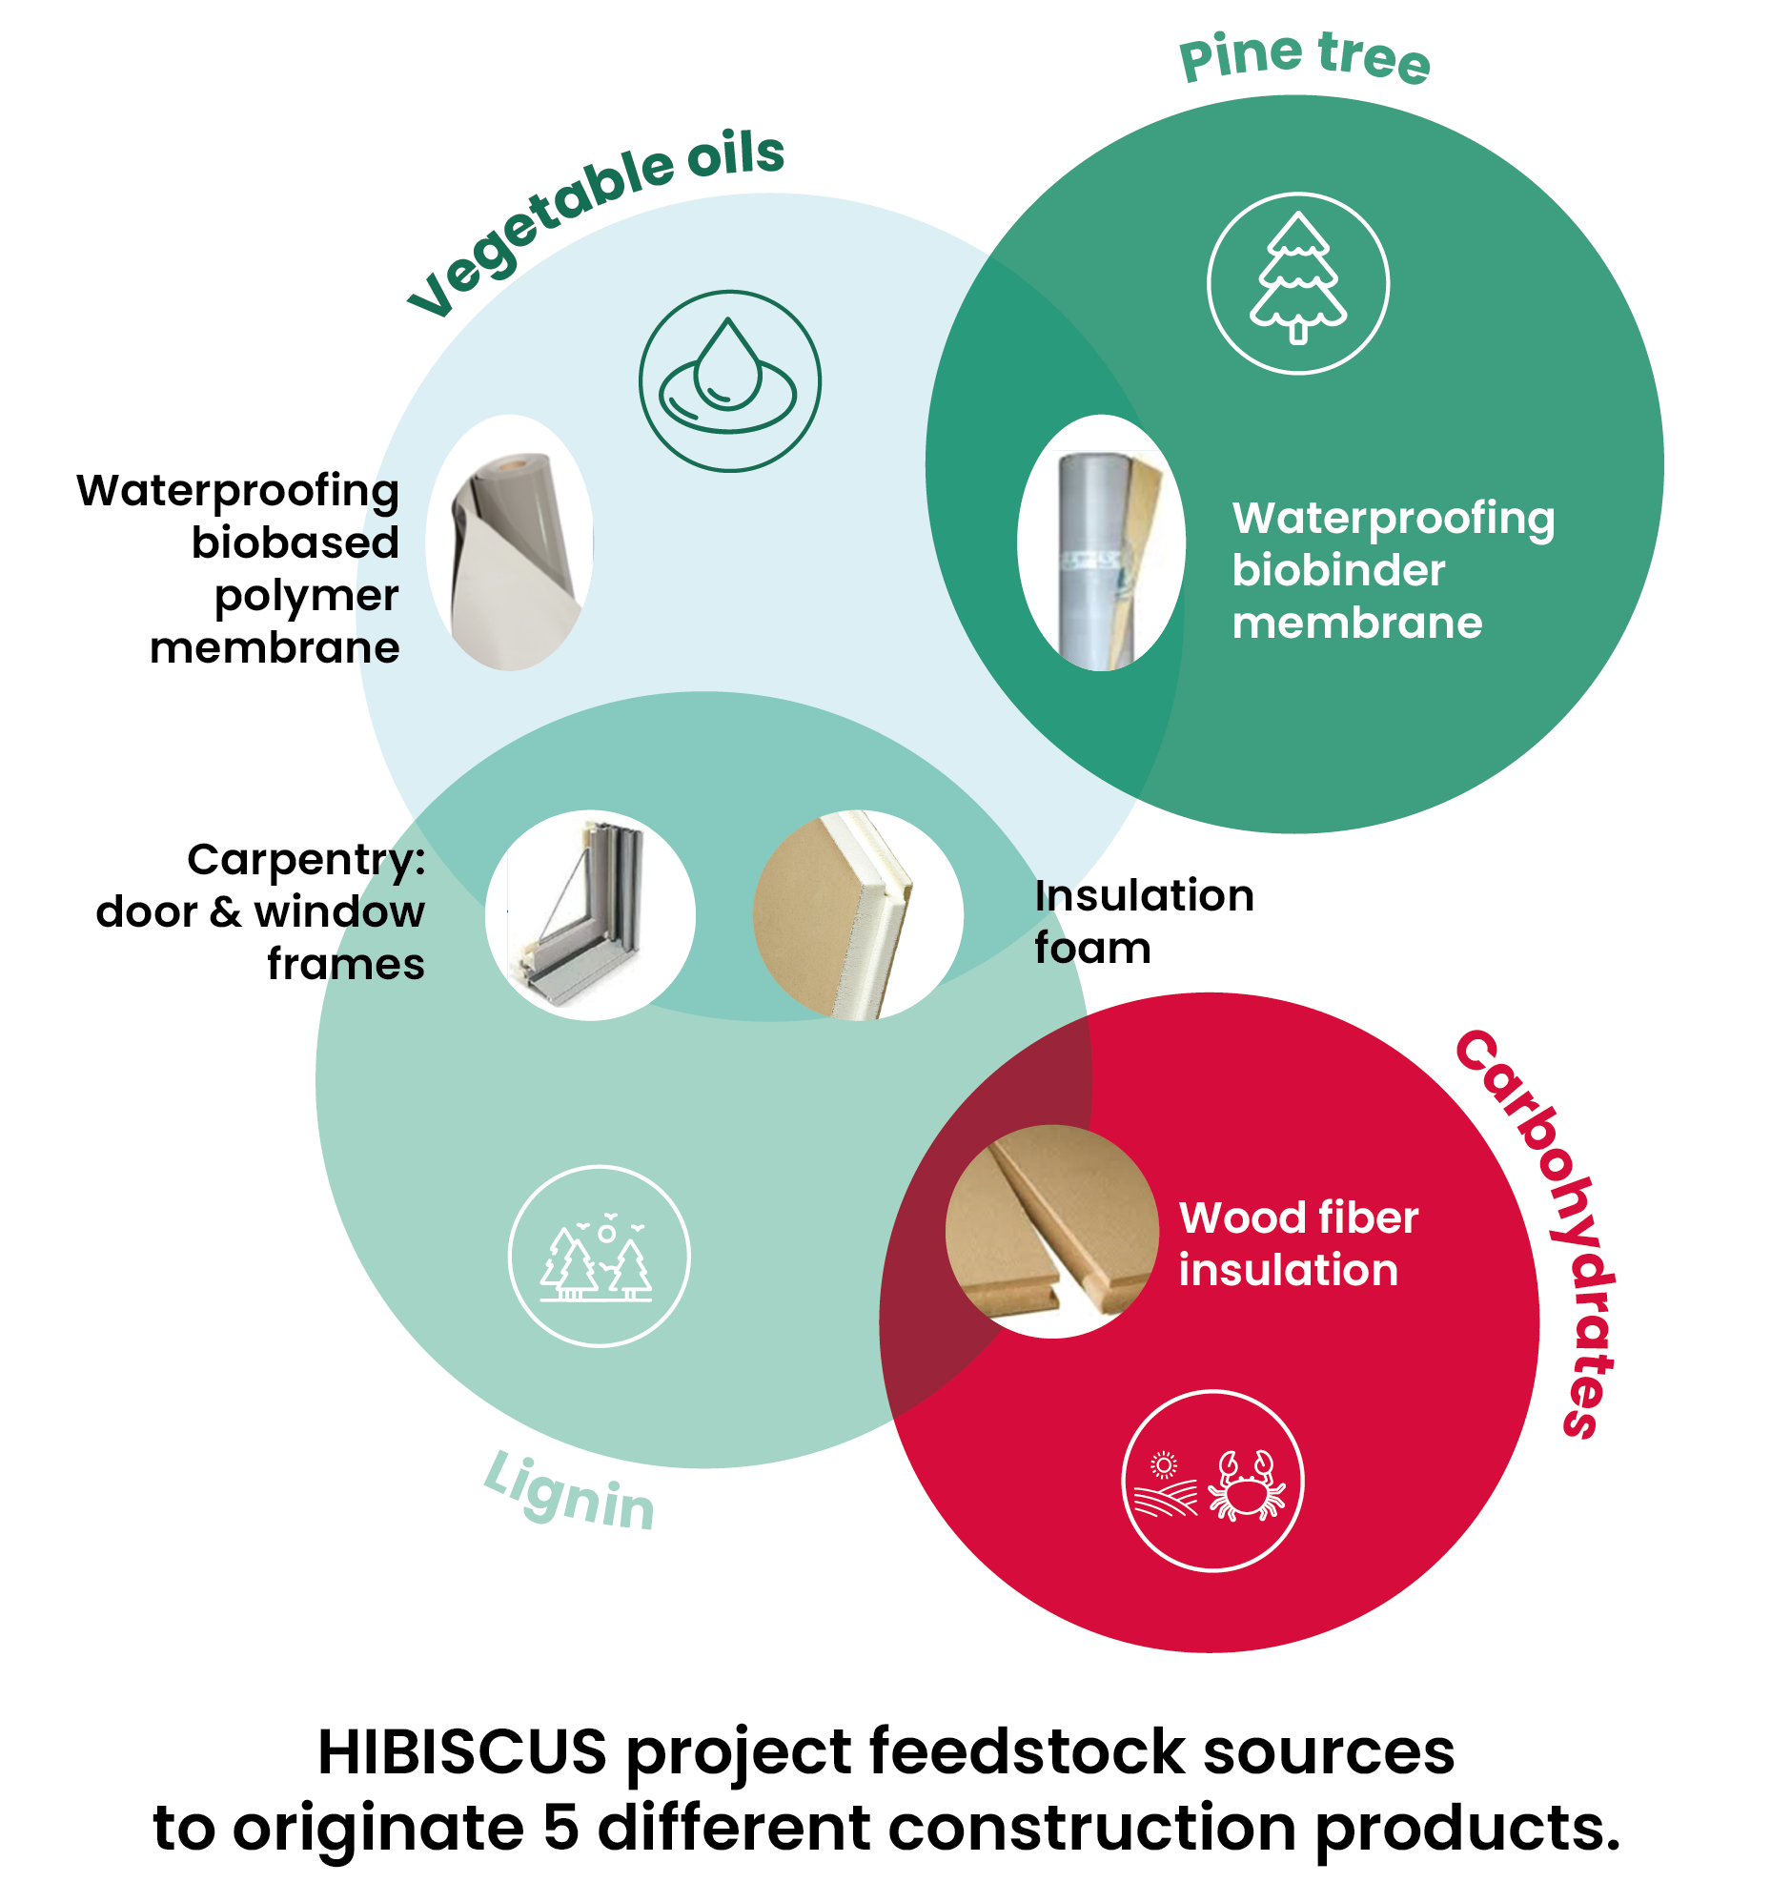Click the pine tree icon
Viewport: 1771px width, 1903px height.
click(1296, 282)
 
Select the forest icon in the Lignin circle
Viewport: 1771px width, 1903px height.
click(597, 1255)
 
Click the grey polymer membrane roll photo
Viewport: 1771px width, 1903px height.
click(509, 542)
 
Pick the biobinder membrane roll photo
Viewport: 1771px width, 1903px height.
click(1100, 542)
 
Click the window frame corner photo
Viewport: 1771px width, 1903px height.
click(589, 914)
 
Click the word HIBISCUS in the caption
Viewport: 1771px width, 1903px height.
click(461, 1750)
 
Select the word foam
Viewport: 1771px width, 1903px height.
click(1091, 948)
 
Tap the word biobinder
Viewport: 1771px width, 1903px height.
click(1336, 570)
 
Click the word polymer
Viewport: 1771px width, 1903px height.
click(305, 596)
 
